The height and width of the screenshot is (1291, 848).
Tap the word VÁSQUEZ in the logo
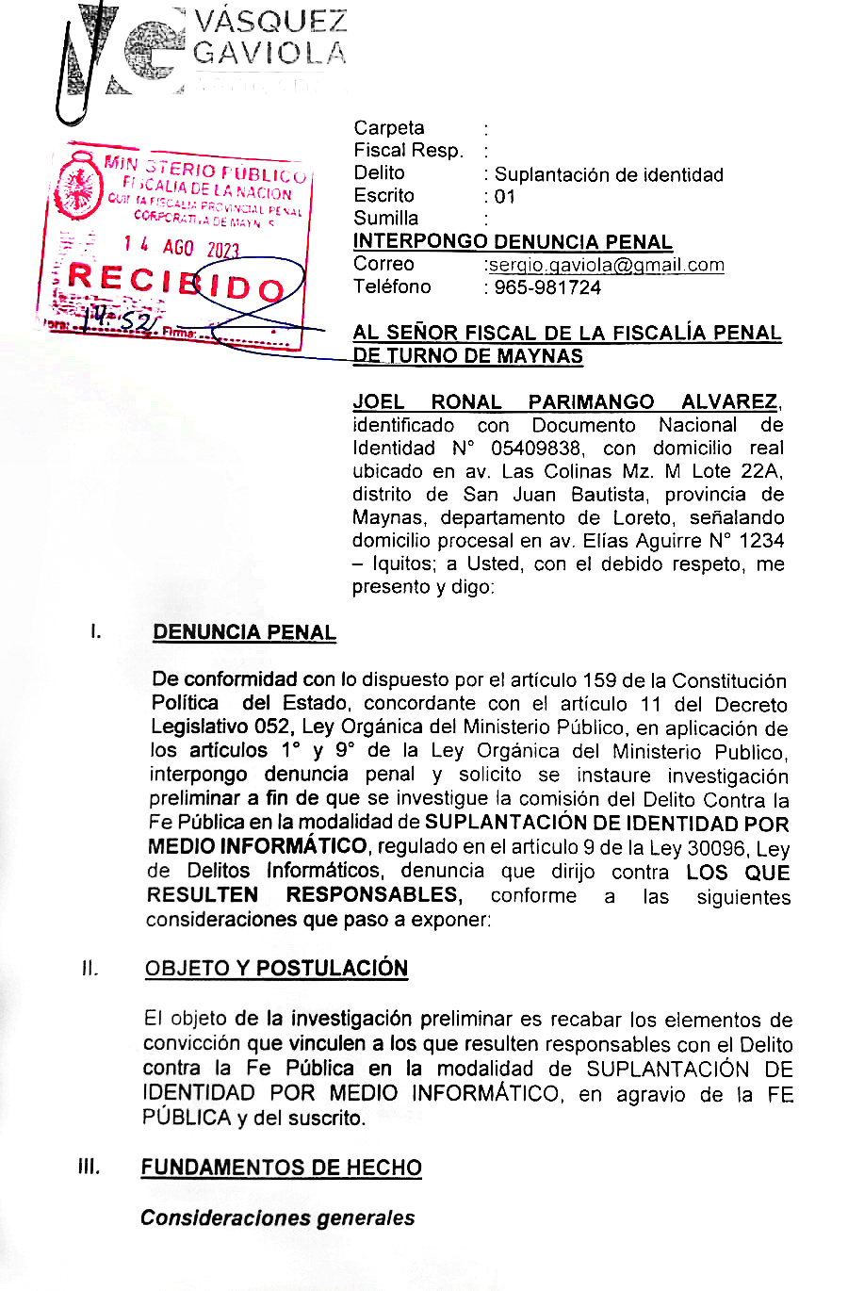pyautogui.click(x=269, y=22)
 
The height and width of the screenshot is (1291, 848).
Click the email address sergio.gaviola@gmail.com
pyautogui.click(x=606, y=265)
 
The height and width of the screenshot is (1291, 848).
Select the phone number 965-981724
pyautogui.click(x=547, y=287)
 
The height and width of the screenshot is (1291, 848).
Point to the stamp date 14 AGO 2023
pyautogui.click(x=181, y=247)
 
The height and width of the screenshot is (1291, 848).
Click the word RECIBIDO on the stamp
pyautogui.click(x=176, y=281)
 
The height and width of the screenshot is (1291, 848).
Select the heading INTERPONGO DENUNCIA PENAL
pyautogui.click(x=513, y=241)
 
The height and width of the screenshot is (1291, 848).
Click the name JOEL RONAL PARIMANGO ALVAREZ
pyautogui.click(x=566, y=402)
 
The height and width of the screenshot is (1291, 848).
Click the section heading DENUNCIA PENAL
pyautogui.click(x=244, y=632)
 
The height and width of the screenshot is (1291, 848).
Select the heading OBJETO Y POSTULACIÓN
pyautogui.click(x=276, y=969)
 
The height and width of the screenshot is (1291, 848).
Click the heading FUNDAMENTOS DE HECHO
pyautogui.click(x=281, y=1168)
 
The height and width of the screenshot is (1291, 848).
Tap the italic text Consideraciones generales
pyautogui.click(x=277, y=1217)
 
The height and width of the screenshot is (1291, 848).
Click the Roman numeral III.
pyautogui.click(x=90, y=1167)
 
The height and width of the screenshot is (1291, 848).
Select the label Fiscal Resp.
pyautogui.click(x=408, y=151)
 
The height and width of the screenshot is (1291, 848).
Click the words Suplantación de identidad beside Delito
pyautogui.click(x=609, y=174)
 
